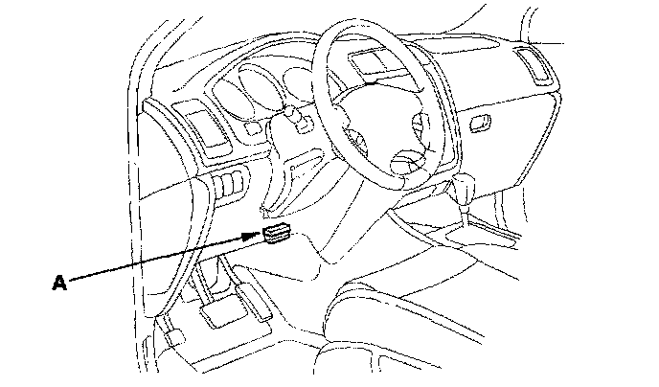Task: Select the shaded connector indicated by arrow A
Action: coord(278,234)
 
